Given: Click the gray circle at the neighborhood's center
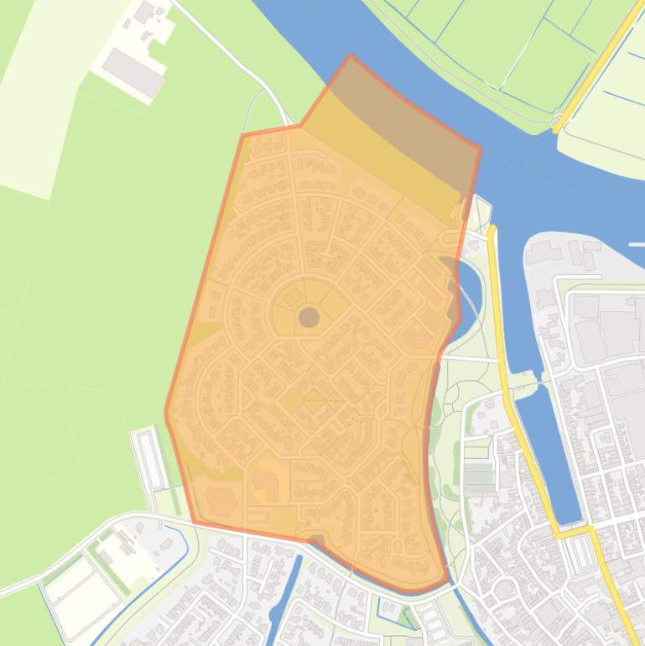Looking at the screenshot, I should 309,317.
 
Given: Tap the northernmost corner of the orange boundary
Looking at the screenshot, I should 351,55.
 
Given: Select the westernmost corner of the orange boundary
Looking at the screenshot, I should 166,412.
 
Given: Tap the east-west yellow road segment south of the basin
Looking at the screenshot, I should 574,532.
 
